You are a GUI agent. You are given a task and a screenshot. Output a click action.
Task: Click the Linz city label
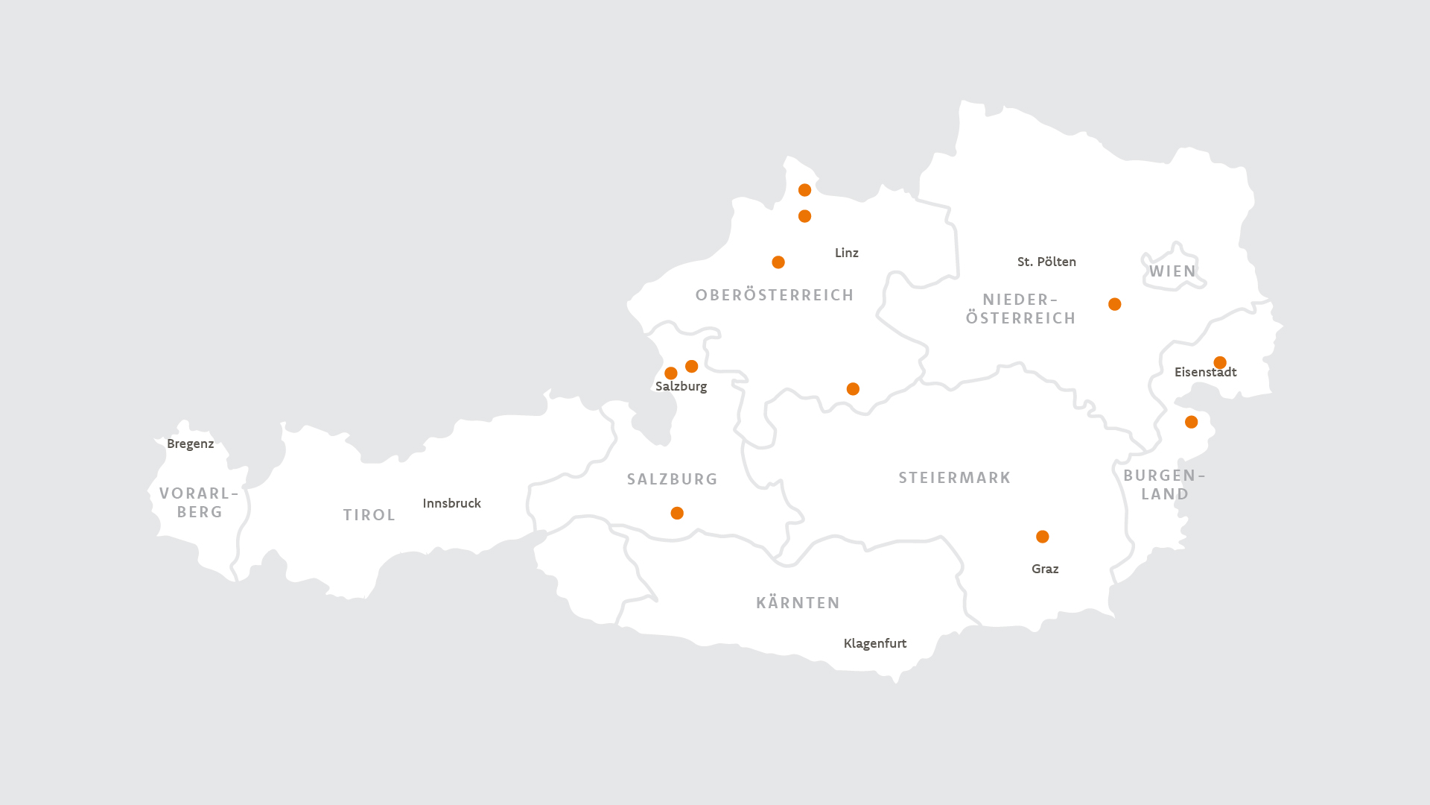(846, 253)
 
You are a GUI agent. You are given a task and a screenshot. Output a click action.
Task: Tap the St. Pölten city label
(1046, 262)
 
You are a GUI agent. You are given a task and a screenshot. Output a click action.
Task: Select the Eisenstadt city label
(1205, 373)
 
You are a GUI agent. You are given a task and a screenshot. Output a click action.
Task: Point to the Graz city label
(1045, 569)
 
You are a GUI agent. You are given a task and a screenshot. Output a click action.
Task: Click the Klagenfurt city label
(874, 643)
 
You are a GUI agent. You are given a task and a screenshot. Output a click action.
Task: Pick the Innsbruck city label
(451, 503)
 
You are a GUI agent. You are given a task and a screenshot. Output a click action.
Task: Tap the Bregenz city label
(190, 443)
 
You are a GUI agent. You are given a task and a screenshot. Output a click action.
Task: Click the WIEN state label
(1172, 271)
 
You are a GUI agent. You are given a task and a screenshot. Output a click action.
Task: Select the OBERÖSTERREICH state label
(775, 295)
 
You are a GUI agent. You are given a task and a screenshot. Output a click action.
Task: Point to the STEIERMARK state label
(954, 478)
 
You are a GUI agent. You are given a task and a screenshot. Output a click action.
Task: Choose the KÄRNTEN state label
(798, 603)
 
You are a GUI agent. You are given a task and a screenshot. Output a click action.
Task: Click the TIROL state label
(369, 515)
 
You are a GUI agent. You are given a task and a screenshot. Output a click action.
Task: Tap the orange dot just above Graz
(1042, 537)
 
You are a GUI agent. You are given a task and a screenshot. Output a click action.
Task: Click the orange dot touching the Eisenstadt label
(1220, 363)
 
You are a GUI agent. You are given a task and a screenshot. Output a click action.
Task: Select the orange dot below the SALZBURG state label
(677, 513)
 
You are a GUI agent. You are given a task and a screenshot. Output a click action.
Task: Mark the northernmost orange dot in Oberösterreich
(804, 190)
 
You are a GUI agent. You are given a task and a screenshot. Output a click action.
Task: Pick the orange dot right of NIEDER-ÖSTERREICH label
(1114, 304)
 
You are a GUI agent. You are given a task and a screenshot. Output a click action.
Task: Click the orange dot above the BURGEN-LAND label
(1191, 422)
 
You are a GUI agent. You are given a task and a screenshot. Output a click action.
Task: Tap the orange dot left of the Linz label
(778, 262)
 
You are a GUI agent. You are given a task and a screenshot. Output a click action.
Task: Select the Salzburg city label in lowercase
(681, 386)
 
